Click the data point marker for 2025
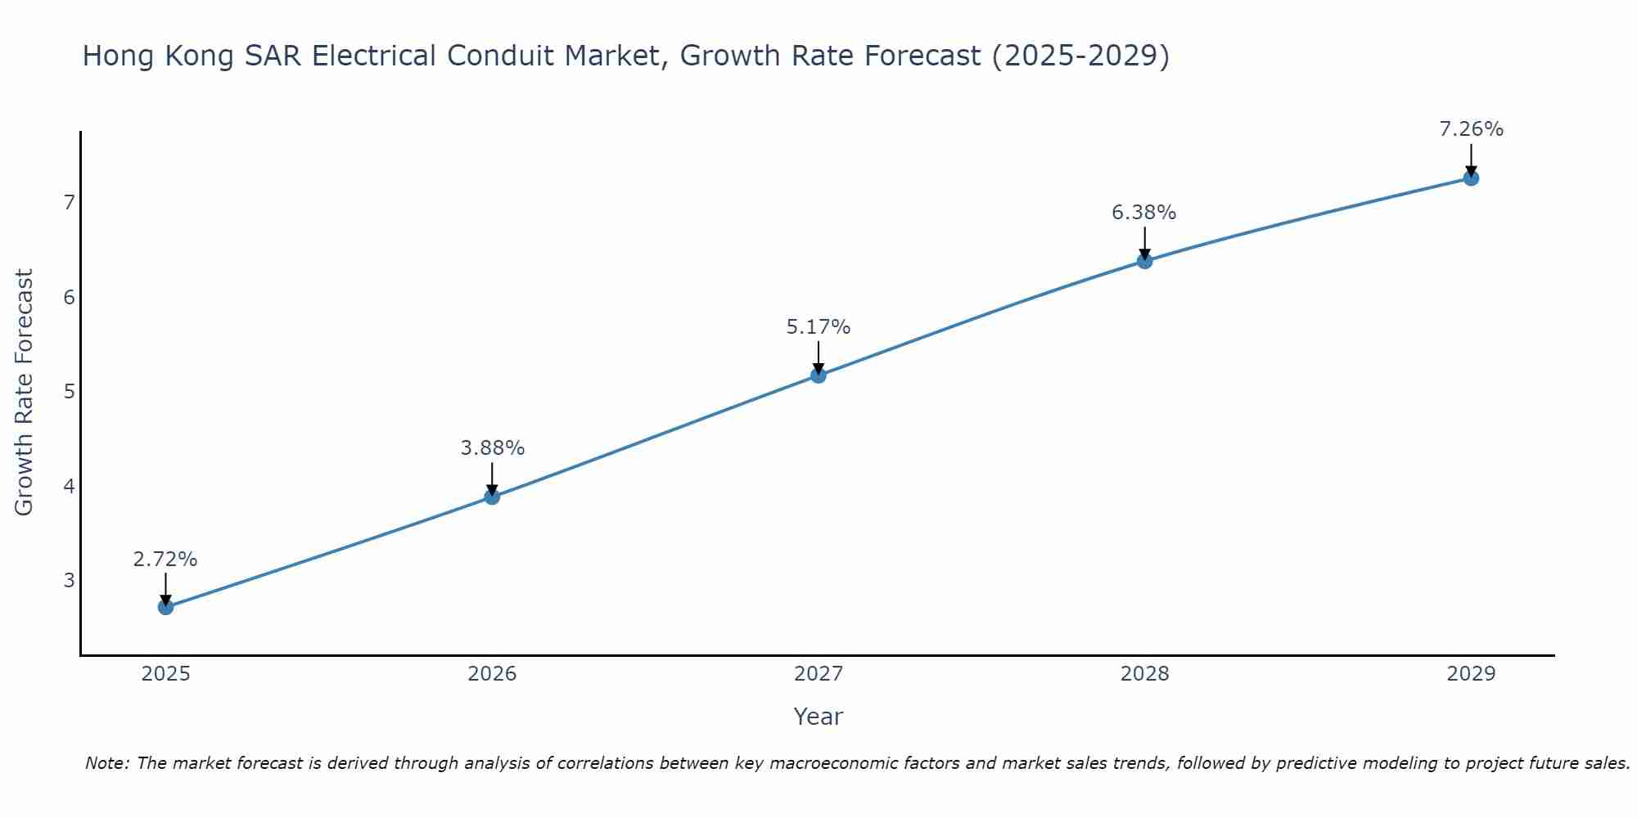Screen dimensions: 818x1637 165,607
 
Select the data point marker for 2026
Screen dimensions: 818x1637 492,497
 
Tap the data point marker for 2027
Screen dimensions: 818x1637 818,375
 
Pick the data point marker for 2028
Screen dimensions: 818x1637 1144,261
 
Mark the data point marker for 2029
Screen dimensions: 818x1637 1471,178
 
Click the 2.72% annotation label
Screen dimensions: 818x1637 165,560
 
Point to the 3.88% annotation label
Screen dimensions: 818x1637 492,448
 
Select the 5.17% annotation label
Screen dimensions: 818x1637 818,327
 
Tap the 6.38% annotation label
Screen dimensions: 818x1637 1143,213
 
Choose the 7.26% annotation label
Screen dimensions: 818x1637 1471,129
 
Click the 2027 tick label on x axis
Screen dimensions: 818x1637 818,674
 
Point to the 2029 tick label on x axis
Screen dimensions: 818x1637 1471,674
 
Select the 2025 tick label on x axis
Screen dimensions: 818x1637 165,674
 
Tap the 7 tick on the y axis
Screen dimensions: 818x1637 69,202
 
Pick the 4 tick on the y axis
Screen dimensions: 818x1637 69,487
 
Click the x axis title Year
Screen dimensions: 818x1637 818,717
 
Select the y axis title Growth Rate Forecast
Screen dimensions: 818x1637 25,393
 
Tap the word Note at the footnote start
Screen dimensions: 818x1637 106,763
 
